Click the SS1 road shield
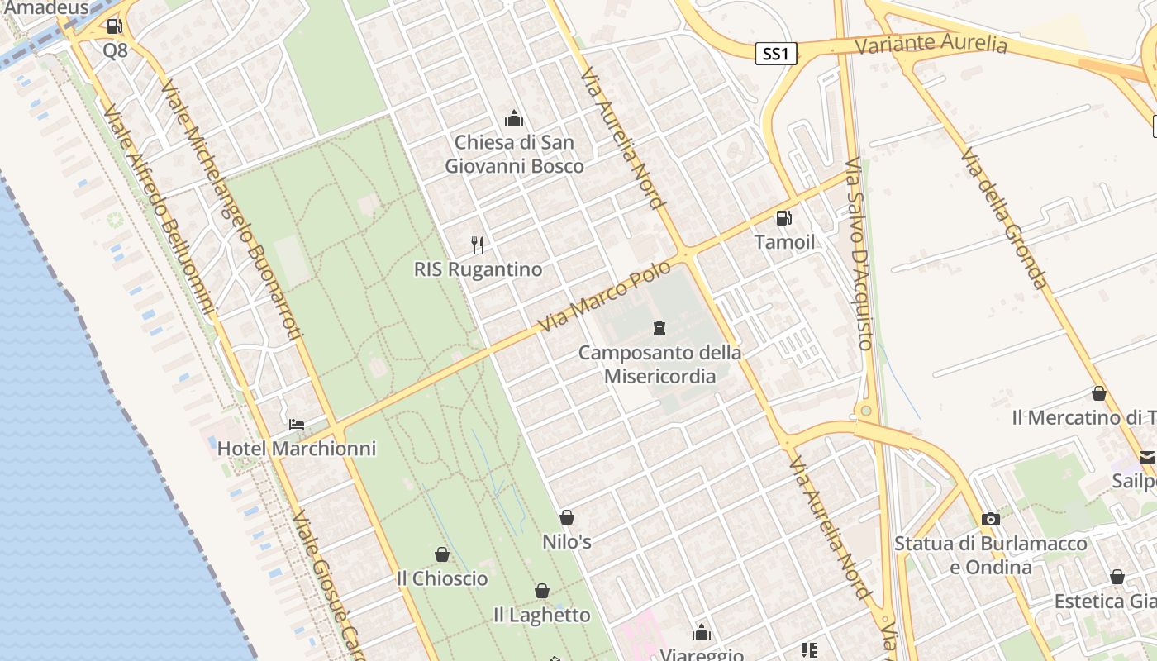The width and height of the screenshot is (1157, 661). [x=776, y=55]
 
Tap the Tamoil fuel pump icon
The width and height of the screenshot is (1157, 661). [x=783, y=218]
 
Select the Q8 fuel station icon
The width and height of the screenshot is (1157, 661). [x=114, y=26]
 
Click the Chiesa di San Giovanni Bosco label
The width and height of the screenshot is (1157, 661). [x=514, y=154]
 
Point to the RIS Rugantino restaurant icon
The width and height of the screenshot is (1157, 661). [x=477, y=245]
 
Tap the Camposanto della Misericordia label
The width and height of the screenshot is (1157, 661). [x=659, y=364]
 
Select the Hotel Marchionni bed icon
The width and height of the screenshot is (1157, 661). [x=296, y=426]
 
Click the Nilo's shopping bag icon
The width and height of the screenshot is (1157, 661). [x=567, y=518]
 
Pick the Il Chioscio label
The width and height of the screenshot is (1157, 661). [x=442, y=578]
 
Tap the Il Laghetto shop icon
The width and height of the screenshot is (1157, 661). [x=542, y=591]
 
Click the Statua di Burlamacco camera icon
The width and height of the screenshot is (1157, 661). [x=990, y=520]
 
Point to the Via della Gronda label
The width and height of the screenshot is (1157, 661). [x=1005, y=218]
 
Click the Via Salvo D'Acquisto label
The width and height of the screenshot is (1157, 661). [x=859, y=253]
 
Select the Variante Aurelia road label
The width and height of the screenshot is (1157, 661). [x=931, y=44]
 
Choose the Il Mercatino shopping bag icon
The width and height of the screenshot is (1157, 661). [x=1099, y=394]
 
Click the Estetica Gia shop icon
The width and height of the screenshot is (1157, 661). [x=1117, y=577]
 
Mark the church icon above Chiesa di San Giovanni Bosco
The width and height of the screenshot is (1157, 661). [x=514, y=118]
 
